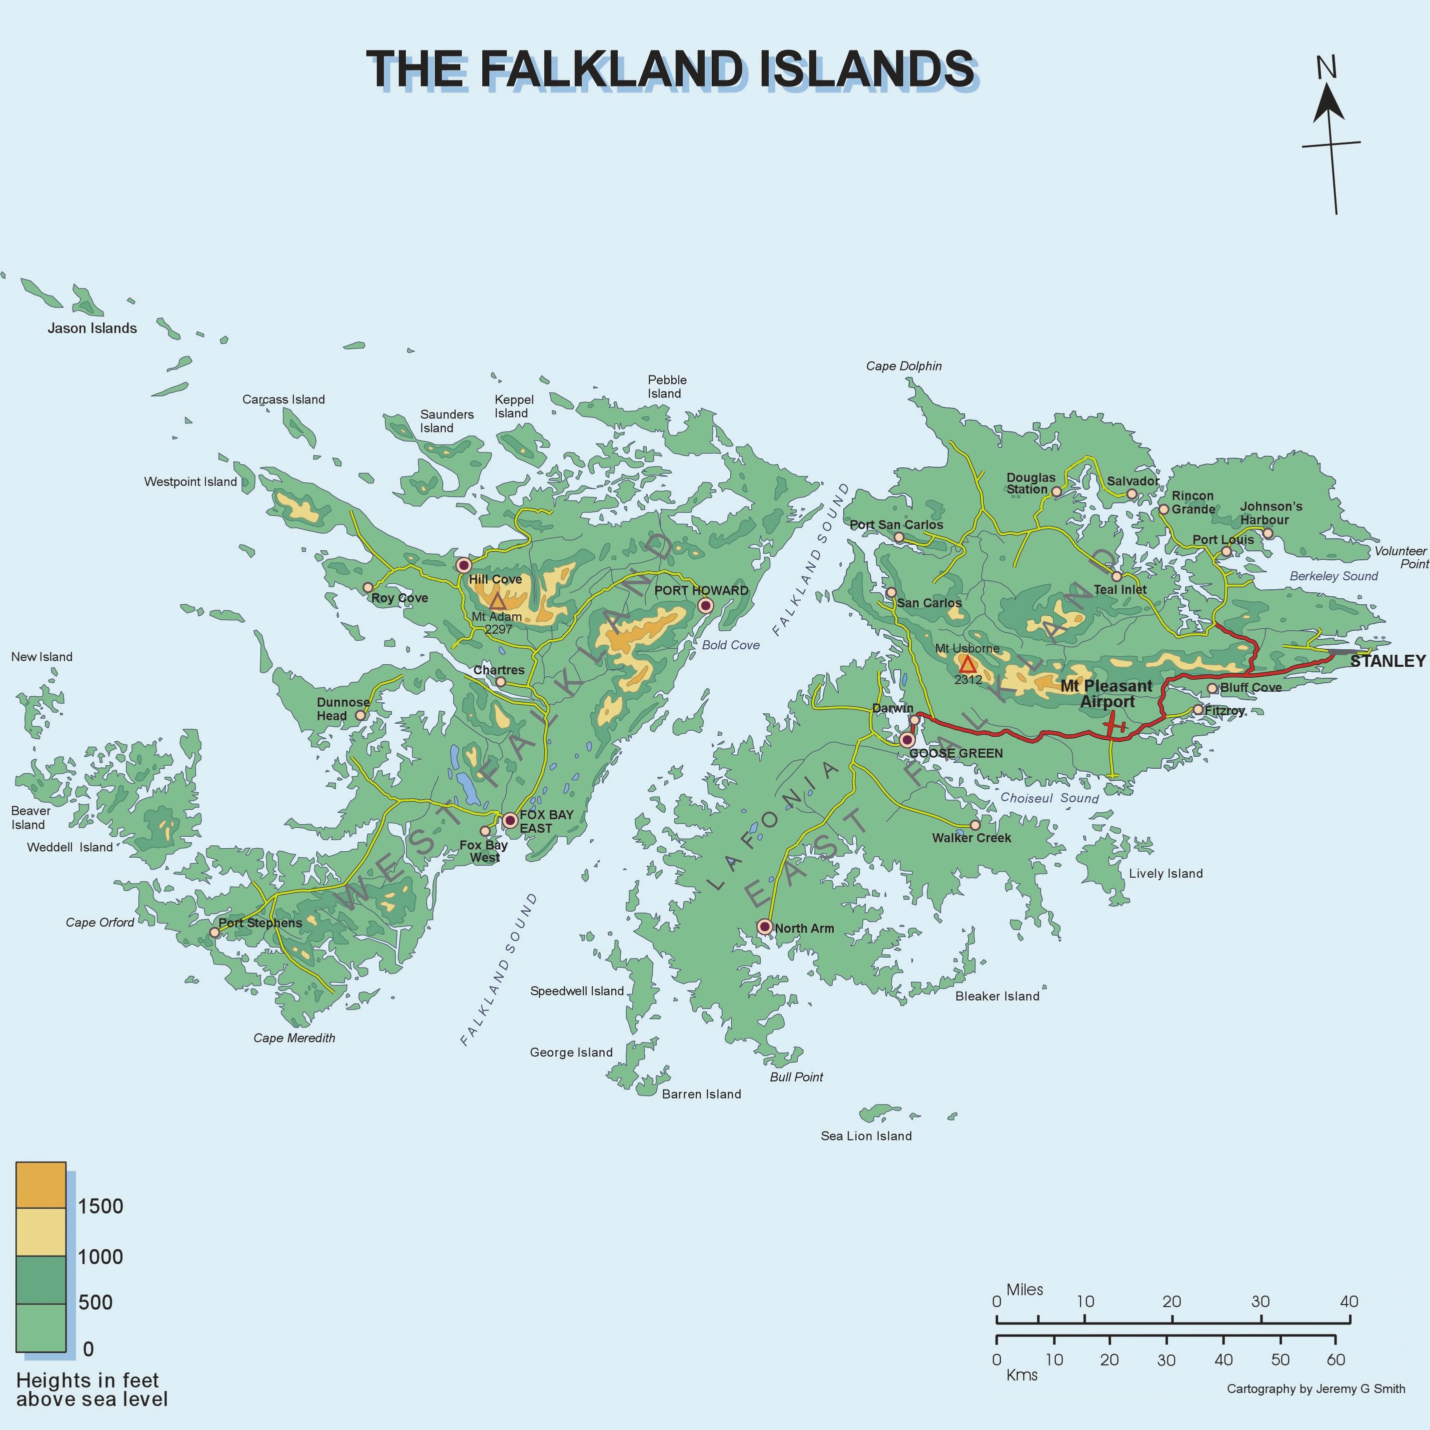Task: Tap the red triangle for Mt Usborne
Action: pos(967,663)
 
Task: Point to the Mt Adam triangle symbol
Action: pos(497,601)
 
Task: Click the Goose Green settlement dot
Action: pos(907,739)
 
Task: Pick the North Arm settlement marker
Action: pos(765,927)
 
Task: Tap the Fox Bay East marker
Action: pos(510,820)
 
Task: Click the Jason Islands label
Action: pos(92,328)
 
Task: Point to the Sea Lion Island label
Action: pos(866,1136)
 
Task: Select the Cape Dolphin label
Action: pos(904,366)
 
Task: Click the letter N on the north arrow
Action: pos(1327,68)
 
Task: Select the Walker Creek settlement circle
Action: pos(975,825)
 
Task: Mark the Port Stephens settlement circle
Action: pos(214,932)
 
